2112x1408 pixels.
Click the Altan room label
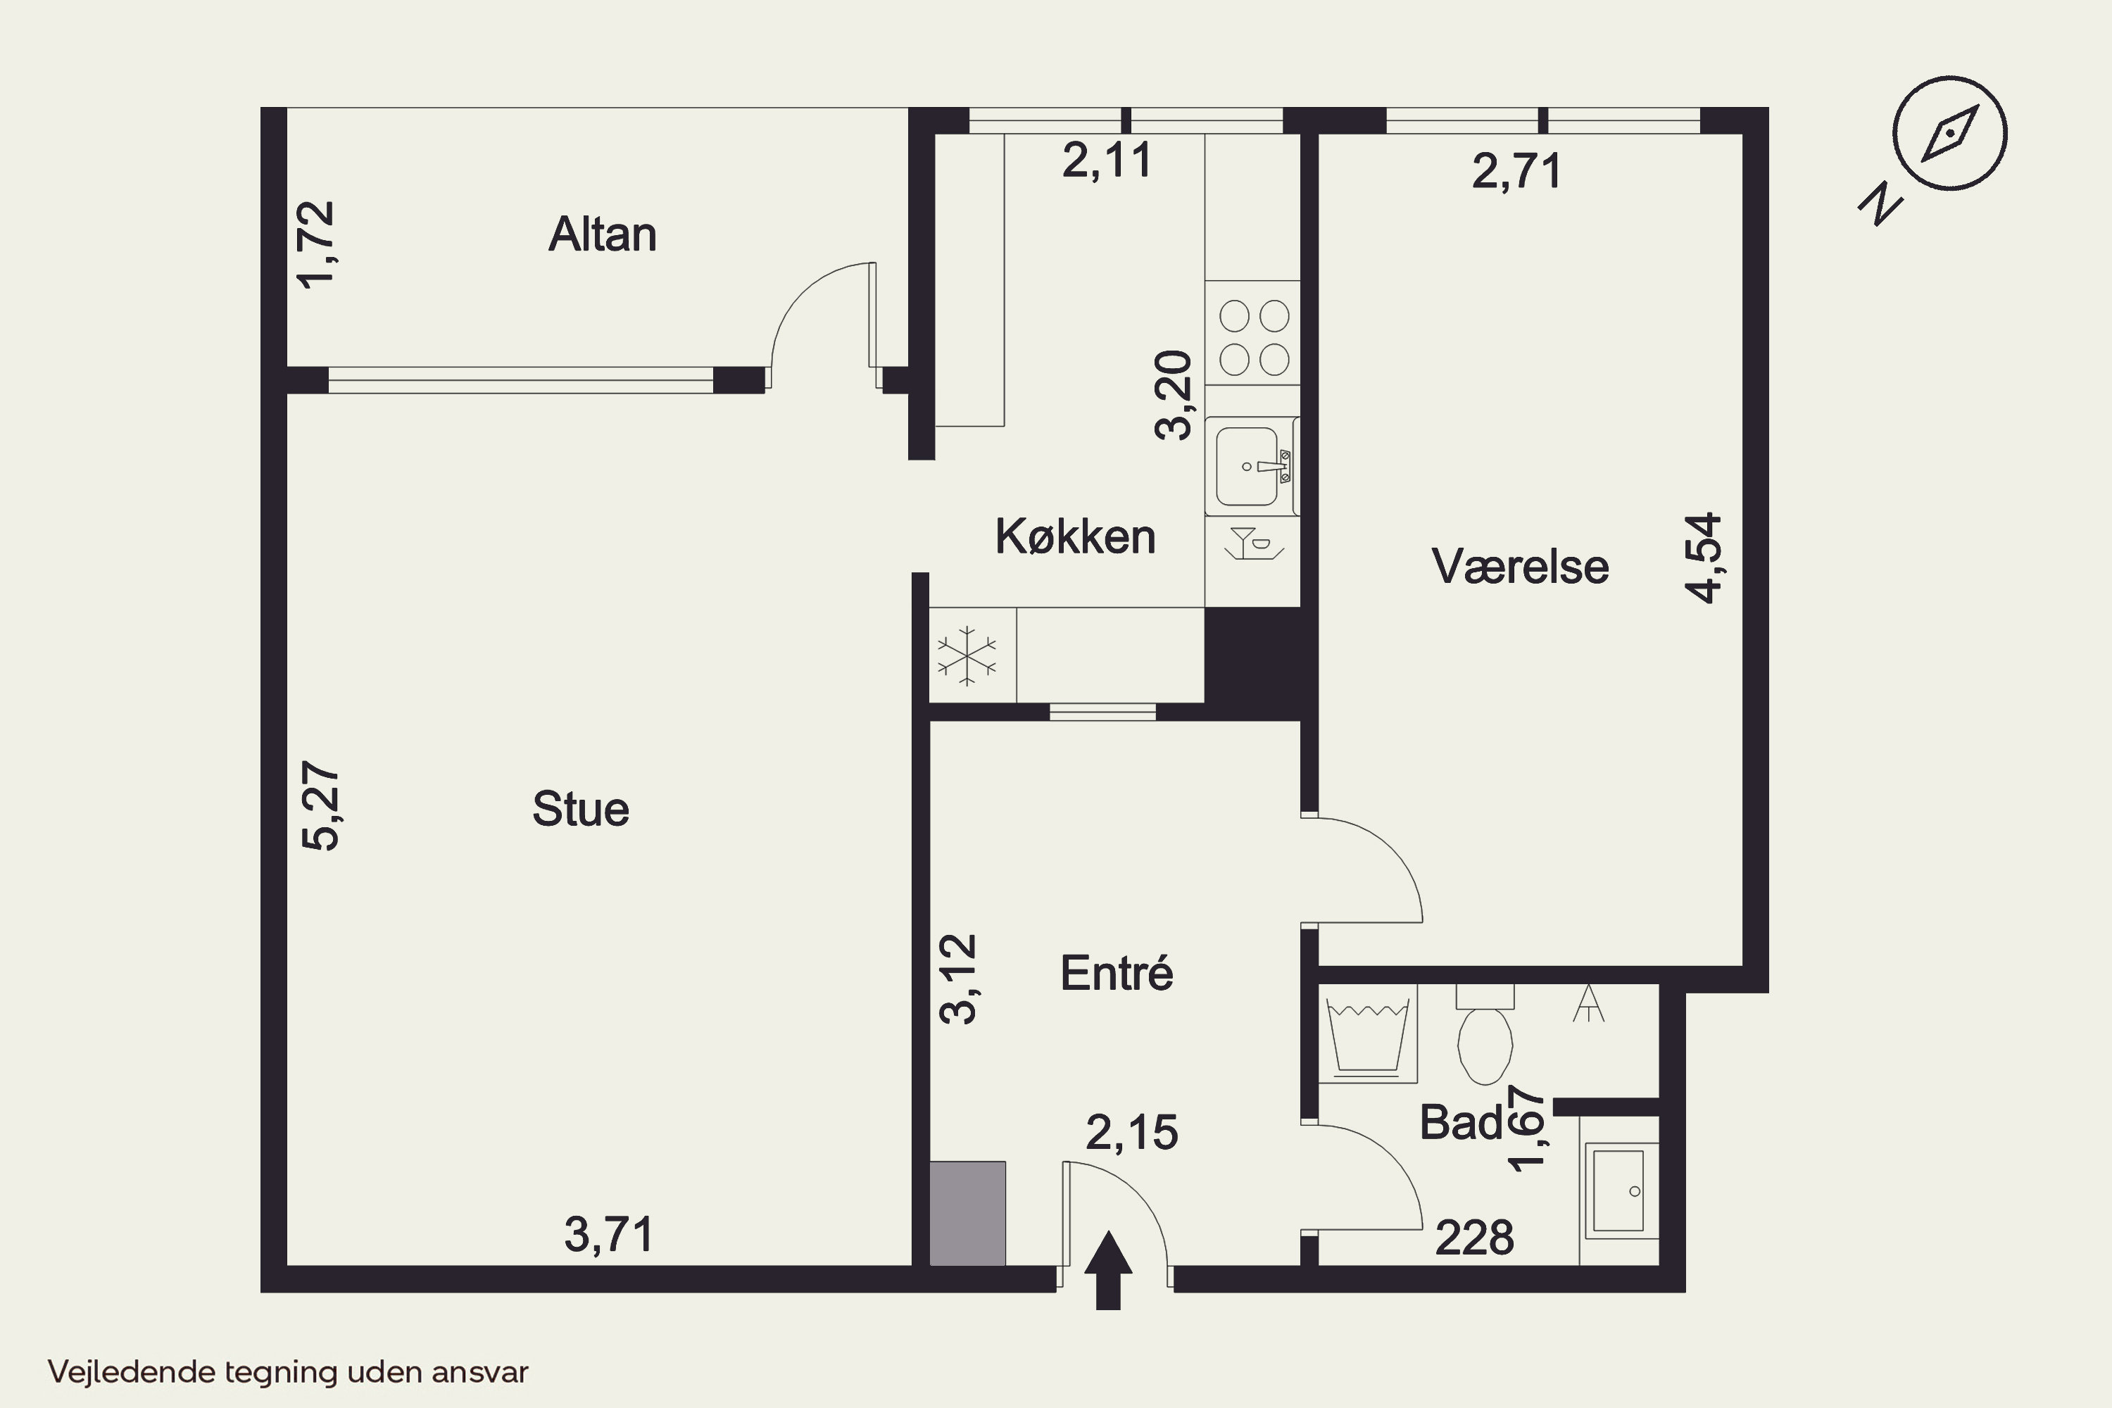[603, 234]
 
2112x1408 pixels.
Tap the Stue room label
[581, 809]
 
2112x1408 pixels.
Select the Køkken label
[1075, 537]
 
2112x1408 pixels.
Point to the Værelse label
[1520, 567]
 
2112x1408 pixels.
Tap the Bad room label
[1461, 1122]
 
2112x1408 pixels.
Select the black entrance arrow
[1108, 1270]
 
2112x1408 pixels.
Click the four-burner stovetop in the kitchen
[1254, 337]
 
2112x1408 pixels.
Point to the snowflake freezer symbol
[967, 655]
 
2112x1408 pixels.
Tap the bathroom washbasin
[1619, 1190]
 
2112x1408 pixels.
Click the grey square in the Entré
[967, 1213]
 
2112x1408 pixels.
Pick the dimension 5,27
[320, 806]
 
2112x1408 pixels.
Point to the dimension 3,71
[610, 1235]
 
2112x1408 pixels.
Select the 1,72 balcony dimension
[316, 244]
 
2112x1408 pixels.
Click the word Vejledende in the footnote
[132, 1373]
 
